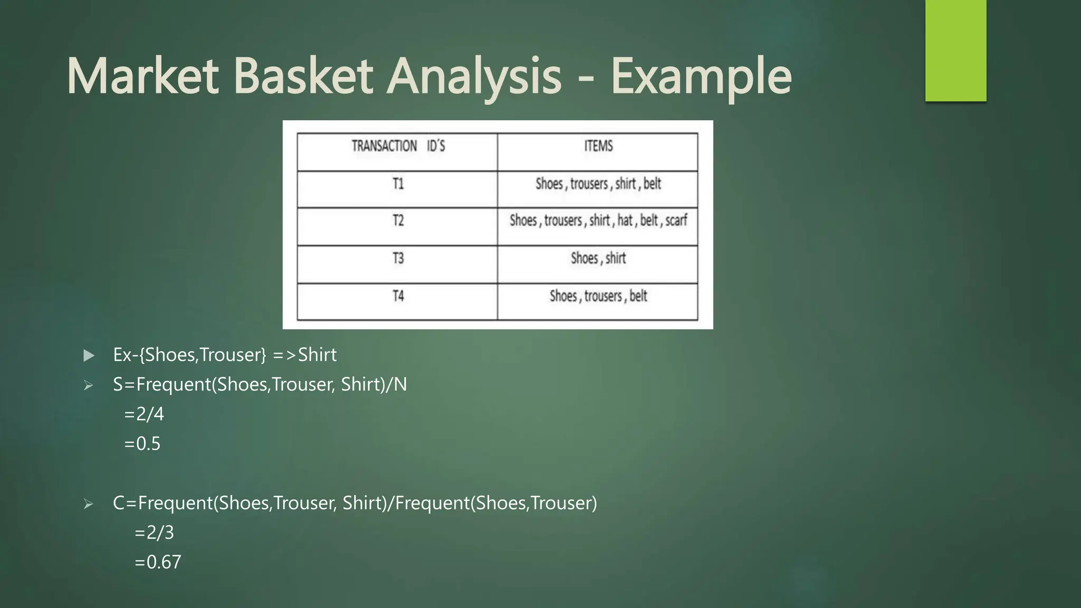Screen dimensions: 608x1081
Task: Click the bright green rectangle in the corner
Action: pyautogui.click(x=955, y=50)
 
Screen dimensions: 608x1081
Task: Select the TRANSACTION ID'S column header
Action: pyautogui.click(x=398, y=146)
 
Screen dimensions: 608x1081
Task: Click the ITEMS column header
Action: pyautogui.click(x=598, y=146)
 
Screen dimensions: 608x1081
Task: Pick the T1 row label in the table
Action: pyautogui.click(x=398, y=184)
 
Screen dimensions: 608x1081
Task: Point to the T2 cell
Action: pyautogui.click(x=398, y=221)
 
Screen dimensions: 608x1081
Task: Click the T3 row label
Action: pyautogui.click(x=398, y=259)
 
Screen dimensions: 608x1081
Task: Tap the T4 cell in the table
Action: pyautogui.click(x=398, y=296)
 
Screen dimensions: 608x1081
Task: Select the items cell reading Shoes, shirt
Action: pyautogui.click(x=598, y=259)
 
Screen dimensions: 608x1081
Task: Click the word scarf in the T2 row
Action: pyautogui.click(x=676, y=221)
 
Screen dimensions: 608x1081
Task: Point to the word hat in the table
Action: pyautogui.click(x=625, y=221)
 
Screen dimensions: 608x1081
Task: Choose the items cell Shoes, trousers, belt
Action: pyautogui.click(x=598, y=296)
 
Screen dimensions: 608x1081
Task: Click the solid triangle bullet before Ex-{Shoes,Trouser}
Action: pyautogui.click(x=89, y=355)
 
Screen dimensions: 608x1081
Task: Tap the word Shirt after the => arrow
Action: pyautogui.click(x=317, y=355)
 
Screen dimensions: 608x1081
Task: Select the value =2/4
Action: pyautogui.click(x=144, y=414)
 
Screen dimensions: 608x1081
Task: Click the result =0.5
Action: pyautogui.click(x=142, y=443)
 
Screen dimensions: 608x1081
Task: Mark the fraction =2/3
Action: pyautogui.click(x=154, y=532)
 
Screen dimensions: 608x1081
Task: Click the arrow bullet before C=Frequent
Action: pyautogui.click(x=88, y=503)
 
